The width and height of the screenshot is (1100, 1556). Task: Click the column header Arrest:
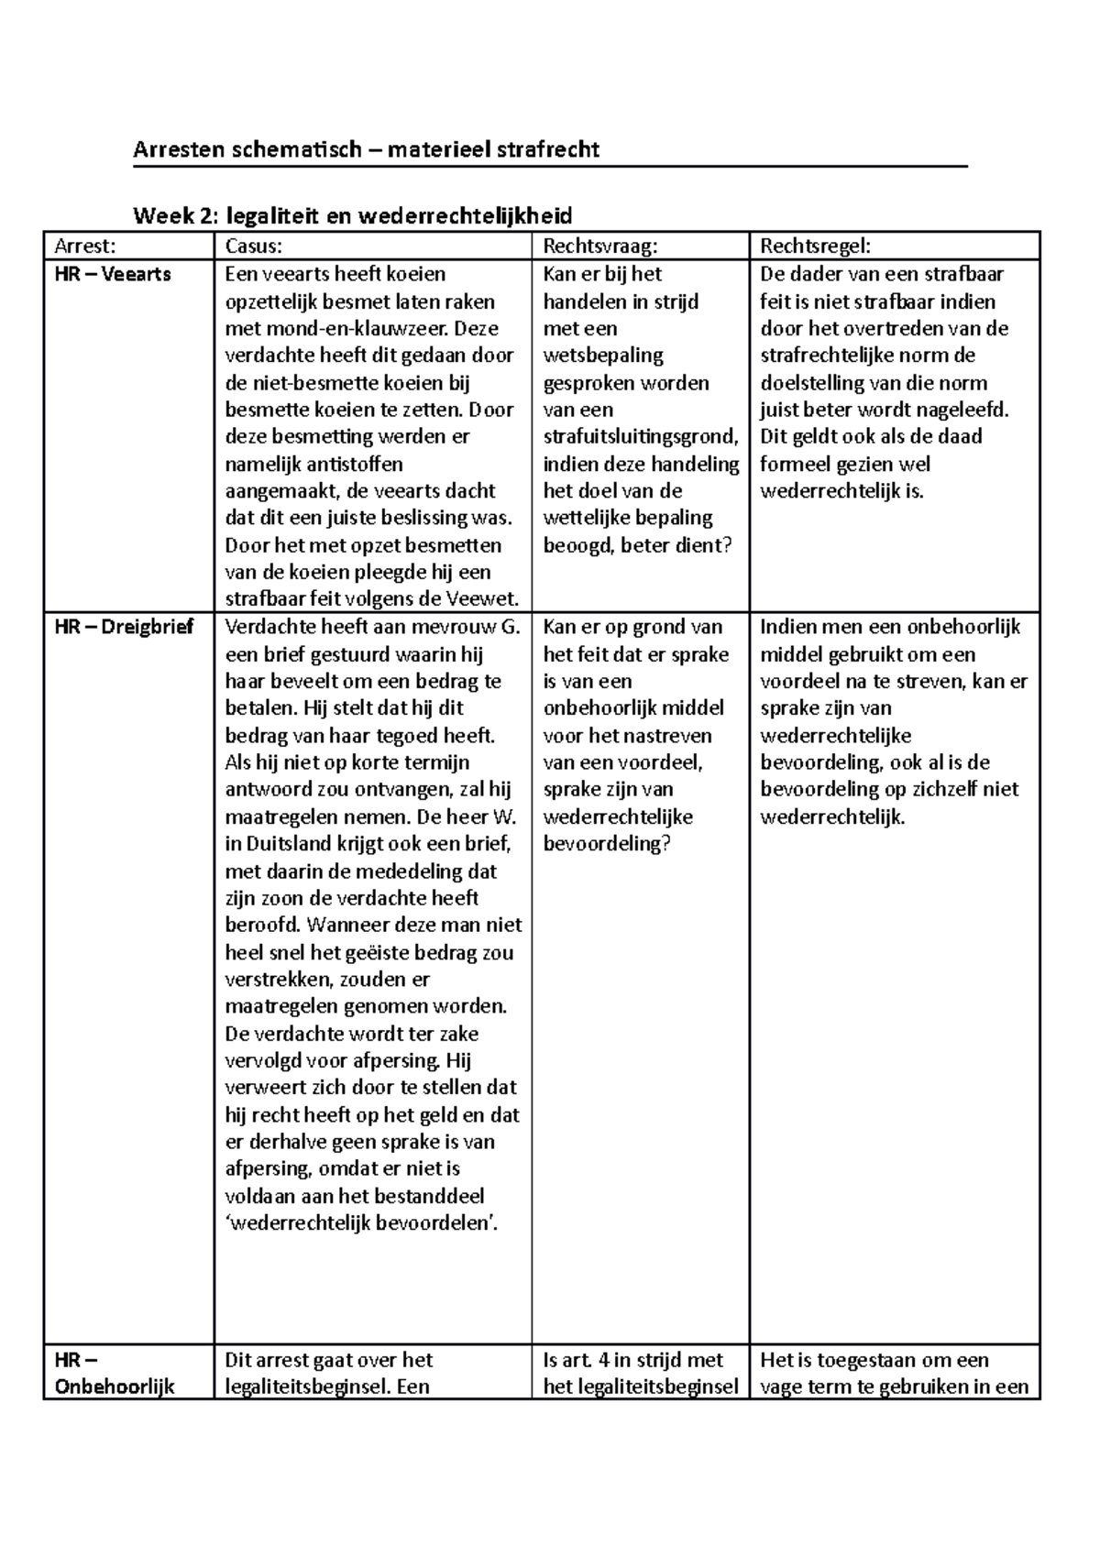85,246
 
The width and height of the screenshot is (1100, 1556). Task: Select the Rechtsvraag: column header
600,246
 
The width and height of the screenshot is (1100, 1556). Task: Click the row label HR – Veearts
113,274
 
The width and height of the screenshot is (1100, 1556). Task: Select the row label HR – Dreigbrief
124,628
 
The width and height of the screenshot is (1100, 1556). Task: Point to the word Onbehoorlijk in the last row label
115,1386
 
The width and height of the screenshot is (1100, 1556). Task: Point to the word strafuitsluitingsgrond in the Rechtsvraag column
639,437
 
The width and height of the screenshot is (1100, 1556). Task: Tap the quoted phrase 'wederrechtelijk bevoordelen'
361,1222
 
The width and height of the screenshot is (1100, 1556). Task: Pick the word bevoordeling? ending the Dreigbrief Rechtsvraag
607,843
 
